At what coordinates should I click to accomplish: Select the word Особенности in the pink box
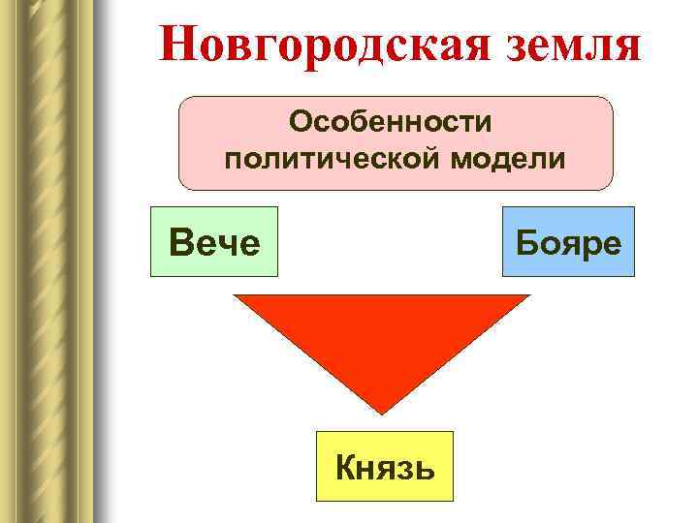click(395, 123)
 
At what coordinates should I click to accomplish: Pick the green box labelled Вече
click(213, 242)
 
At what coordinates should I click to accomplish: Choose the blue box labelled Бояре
click(568, 242)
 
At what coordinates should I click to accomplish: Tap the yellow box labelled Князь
click(384, 466)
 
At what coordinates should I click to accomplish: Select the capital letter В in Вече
click(180, 242)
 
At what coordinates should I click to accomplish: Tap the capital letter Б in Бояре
click(527, 242)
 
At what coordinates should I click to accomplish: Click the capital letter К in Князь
click(346, 467)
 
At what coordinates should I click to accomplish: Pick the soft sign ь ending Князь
click(425, 470)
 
